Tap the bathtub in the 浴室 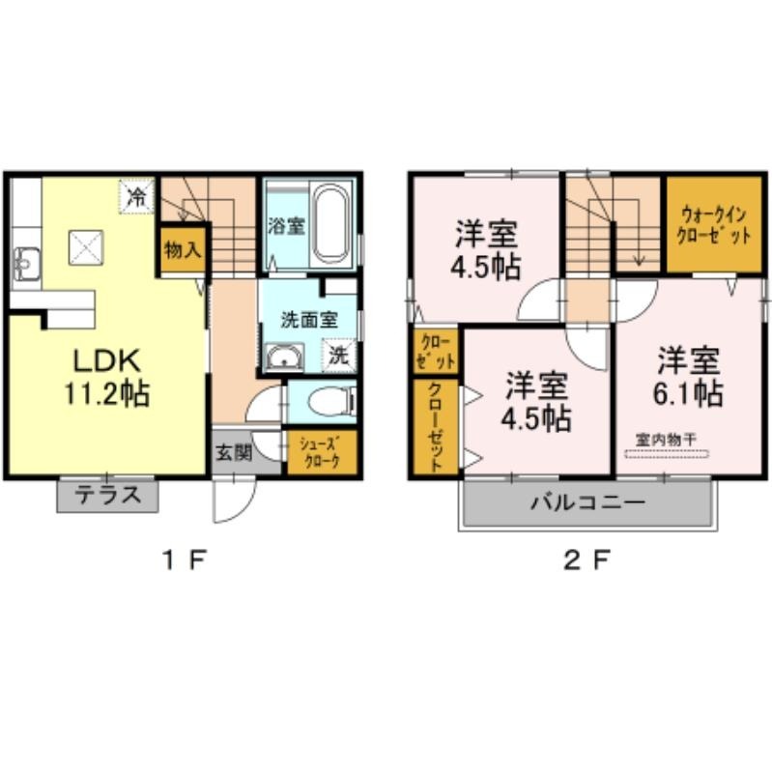(331, 224)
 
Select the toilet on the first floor (331, 401)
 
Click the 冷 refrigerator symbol (137, 197)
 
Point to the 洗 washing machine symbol (339, 355)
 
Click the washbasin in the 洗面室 (285, 357)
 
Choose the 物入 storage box (183, 249)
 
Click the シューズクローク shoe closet (322, 452)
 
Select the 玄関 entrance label (234, 452)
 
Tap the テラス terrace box (107, 496)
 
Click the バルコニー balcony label (587, 502)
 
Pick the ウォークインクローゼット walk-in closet (714, 224)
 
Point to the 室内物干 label (666, 440)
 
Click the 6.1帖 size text (689, 393)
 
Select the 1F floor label (184, 560)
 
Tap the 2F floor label (587, 560)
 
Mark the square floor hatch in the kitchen (86, 247)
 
